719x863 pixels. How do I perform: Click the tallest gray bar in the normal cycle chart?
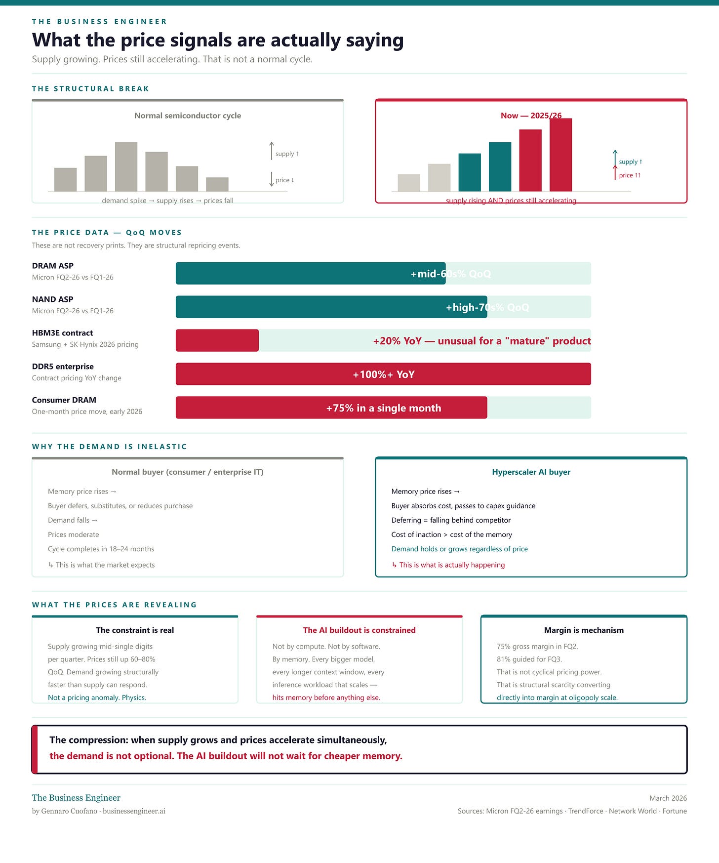(x=126, y=167)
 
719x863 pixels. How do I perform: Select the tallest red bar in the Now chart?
(x=560, y=155)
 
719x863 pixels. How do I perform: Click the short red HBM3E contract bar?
(x=217, y=340)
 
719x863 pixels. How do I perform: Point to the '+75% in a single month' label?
(x=383, y=408)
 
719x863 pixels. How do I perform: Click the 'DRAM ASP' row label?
(x=53, y=266)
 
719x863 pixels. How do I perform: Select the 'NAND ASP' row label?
(x=53, y=299)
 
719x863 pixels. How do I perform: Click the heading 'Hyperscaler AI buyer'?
(x=531, y=472)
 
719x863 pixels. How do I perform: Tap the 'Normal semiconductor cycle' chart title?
(x=188, y=116)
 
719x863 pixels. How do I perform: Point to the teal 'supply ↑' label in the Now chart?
(x=631, y=162)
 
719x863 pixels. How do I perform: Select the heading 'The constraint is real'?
(x=135, y=630)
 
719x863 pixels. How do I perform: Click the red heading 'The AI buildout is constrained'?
(x=359, y=630)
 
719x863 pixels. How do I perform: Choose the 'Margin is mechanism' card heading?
(x=584, y=630)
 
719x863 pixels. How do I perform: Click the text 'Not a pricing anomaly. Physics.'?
(x=97, y=698)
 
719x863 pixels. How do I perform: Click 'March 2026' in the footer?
(x=668, y=798)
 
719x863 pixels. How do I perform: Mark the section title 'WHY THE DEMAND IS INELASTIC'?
(x=110, y=447)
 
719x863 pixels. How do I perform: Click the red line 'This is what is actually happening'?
(x=452, y=565)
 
